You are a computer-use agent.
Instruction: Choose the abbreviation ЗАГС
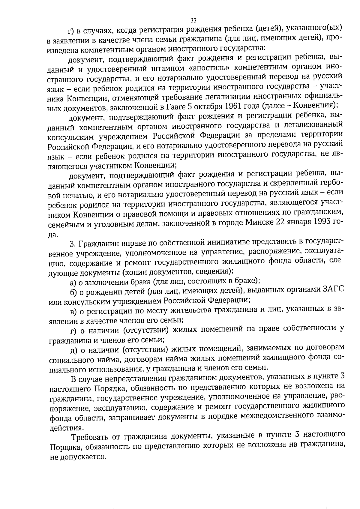pyautogui.click(x=332, y=290)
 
